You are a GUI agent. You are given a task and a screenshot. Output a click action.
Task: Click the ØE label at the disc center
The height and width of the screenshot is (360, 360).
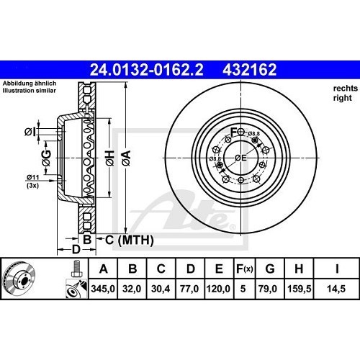point(242,158)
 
